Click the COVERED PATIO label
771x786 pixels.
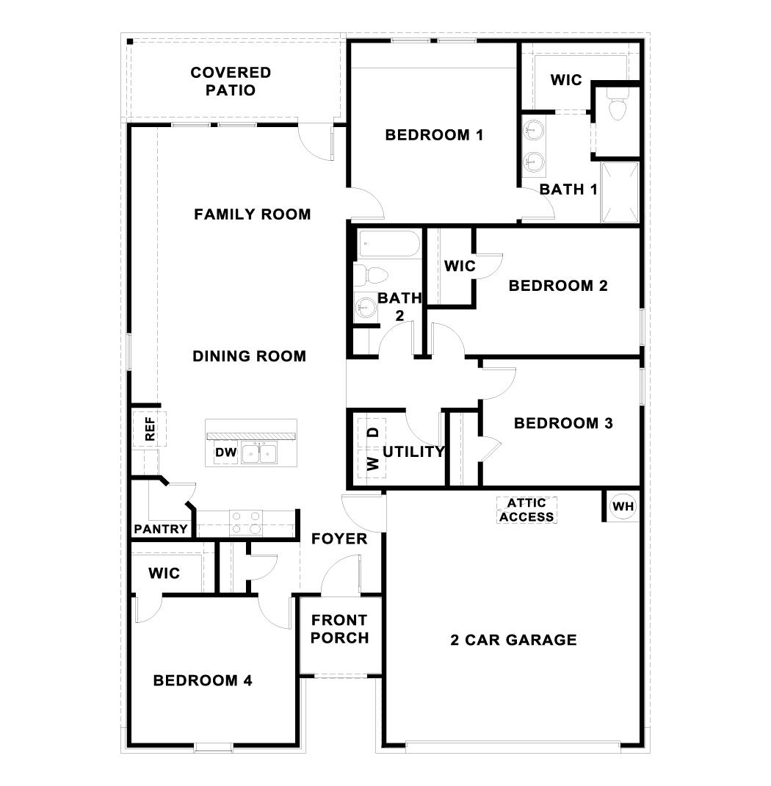click(231, 82)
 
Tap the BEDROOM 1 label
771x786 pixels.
click(434, 135)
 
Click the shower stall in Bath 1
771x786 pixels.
click(620, 192)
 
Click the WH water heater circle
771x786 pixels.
click(622, 506)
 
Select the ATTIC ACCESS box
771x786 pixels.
click(526, 509)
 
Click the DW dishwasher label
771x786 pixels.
click(226, 453)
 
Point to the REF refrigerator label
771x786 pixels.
click(150, 430)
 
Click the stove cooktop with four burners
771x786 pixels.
click(246, 522)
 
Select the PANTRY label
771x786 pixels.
click(161, 529)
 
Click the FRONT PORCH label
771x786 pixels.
click(339, 629)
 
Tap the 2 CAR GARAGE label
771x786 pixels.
click(513, 640)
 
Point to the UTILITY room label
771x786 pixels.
click(413, 452)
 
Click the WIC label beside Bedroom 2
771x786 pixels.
click(460, 266)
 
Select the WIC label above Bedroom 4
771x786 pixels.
click(164, 573)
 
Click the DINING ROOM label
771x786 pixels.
click(249, 356)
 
